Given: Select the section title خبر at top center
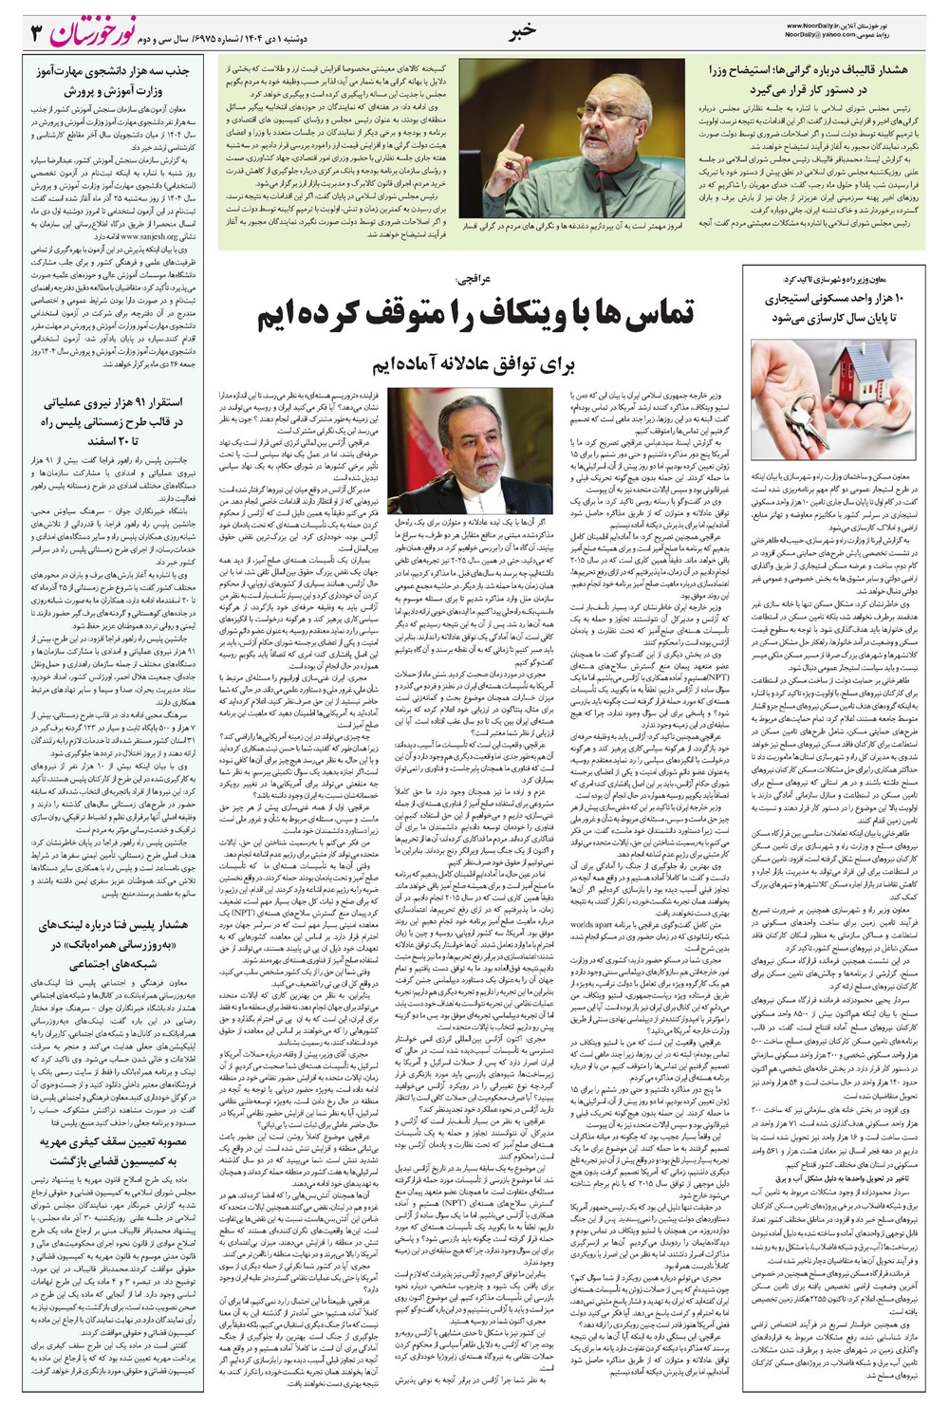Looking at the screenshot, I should (x=523, y=29).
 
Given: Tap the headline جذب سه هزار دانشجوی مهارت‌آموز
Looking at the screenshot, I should (x=108, y=82).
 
